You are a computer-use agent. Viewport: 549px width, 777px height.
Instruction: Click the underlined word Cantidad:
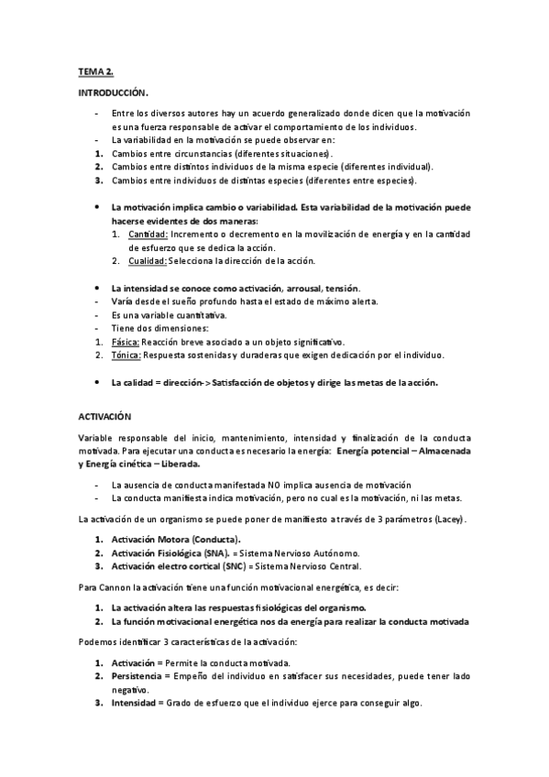tap(147, 235)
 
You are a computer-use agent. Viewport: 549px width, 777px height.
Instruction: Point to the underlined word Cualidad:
tap(148, 261)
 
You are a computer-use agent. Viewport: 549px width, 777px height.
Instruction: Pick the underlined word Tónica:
tap(126, 355)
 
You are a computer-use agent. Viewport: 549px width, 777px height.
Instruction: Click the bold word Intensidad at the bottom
tap(134, 703)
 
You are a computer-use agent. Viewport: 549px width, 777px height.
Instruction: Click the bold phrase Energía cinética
tap(130, 465)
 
